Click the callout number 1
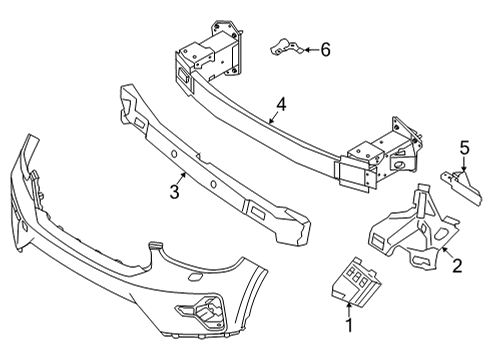click(349, 326)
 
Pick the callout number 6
click(325, 48)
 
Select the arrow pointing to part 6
click(306, 48)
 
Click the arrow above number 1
click(349, 305)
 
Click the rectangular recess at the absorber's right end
click(253, 212)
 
